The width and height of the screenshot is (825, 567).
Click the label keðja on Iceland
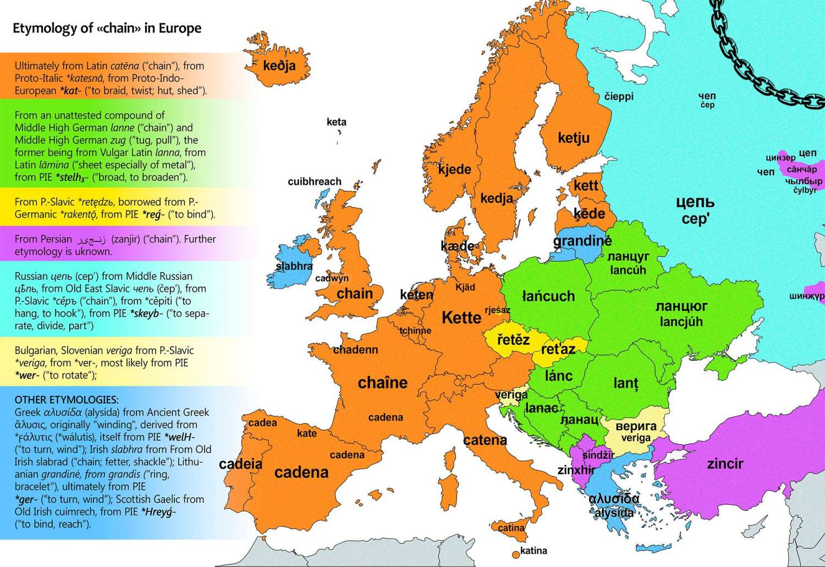point(279,66)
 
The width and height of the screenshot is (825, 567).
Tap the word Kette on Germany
point(461,317)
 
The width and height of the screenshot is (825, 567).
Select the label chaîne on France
point(383,383)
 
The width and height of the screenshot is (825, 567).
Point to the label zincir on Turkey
point(725,464)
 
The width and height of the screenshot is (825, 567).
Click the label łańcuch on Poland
point(548,296)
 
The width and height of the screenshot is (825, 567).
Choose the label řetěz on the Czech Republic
point(513,340)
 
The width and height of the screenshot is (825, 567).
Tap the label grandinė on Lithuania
point(582,241)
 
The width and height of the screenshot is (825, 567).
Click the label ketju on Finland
point(574,137)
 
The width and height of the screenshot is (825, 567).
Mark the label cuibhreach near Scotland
point(315,181)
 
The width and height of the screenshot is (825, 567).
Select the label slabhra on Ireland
point(294,266)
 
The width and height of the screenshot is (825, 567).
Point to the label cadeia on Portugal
point(240,464)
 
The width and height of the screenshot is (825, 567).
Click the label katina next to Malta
point(533,551)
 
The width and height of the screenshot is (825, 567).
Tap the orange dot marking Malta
point(515,553)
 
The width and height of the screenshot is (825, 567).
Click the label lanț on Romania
point(626,383)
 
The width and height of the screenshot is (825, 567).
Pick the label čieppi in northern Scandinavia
point(619,97)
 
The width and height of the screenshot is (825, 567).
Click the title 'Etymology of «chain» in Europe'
point(107,28)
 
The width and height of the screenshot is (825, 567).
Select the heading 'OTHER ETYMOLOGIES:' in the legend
point(67,400)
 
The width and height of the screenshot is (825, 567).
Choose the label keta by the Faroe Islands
point(336,122)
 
